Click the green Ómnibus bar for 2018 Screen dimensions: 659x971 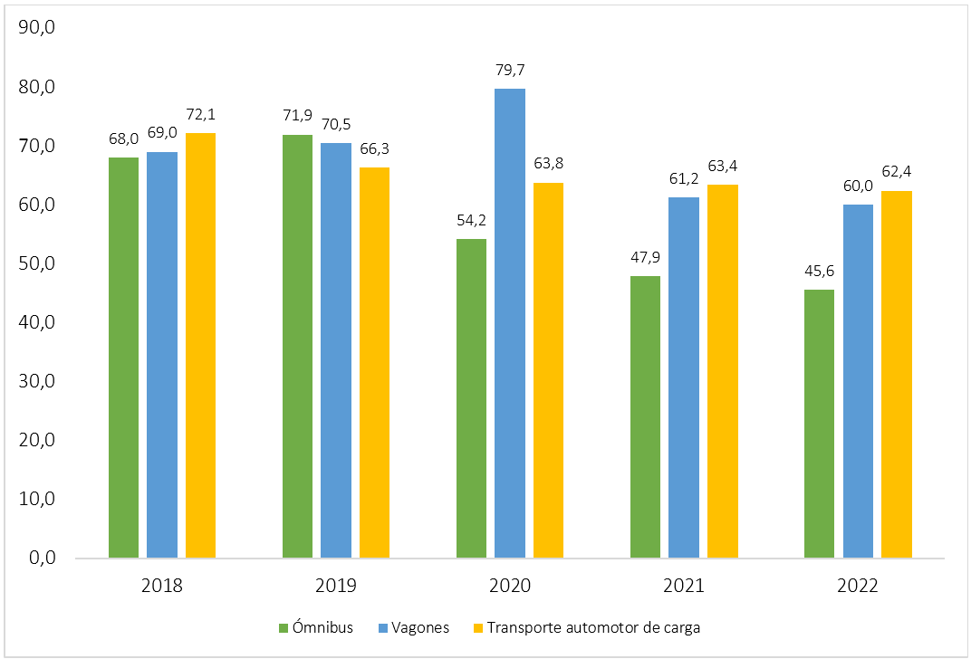point(124,358)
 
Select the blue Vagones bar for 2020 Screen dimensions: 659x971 point(510,323)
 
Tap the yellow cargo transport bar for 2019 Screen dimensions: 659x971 point(375,362)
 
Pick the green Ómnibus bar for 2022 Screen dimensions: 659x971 point(819,424)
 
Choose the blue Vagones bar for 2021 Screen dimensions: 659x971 point(684,377)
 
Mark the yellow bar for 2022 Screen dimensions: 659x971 point(897,374)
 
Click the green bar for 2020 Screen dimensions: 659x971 point(471,398)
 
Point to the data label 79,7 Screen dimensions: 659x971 point(510,70)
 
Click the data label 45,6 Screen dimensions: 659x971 point(819,271)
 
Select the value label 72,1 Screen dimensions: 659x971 point(201,115)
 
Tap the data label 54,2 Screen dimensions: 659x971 point(471,220)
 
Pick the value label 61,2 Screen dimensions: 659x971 point(684,178)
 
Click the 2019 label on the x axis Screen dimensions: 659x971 point(336,586)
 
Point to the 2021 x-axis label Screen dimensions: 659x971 point(684,586)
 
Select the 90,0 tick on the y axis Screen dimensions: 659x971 point(37,29)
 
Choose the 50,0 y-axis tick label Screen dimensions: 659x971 point(37,264)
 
